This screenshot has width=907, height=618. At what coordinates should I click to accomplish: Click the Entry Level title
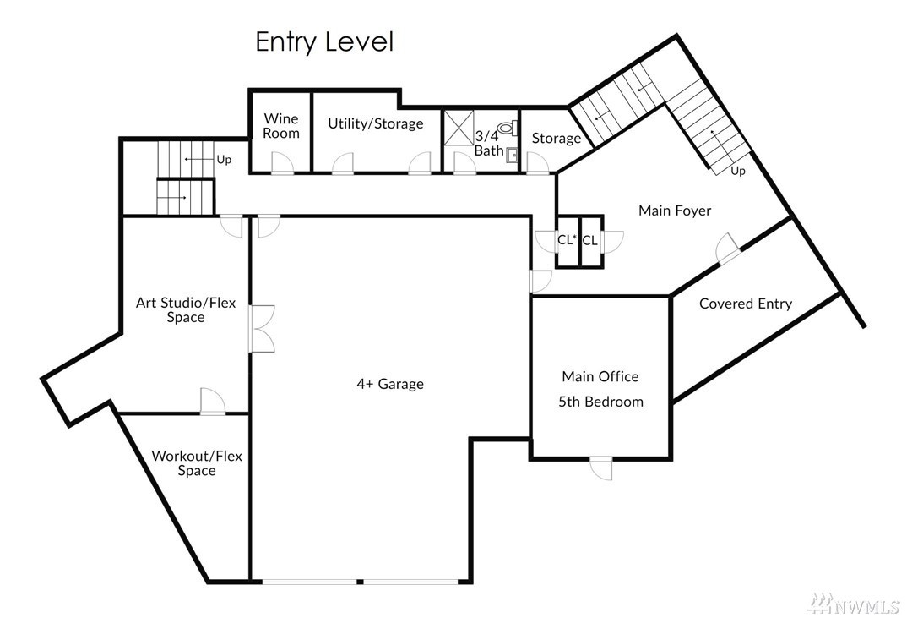coord(324,42)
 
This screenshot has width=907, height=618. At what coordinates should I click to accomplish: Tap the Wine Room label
coord(281,126)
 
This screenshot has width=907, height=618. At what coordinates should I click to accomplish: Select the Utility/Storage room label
coord(376,123)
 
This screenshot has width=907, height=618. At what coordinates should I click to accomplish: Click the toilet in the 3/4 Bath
coord(507,128)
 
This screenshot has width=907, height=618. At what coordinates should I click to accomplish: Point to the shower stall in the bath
coord(459,127)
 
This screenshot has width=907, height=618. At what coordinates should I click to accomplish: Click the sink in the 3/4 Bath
coord(511,156)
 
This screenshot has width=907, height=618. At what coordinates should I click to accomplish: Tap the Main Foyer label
coord(675,211)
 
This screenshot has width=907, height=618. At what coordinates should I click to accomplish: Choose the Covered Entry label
coord(746,304)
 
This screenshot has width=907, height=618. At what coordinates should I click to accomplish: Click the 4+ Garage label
coord(390,384)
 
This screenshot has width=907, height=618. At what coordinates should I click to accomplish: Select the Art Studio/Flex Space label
coord(186,310)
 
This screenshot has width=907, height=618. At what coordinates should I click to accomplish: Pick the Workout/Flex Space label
coord(197,462)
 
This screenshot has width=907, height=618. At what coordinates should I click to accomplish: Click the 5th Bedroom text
coord(600,402)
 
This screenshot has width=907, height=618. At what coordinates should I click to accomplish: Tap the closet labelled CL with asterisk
coord(567,240)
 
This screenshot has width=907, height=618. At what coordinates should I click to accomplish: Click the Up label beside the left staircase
coord(224,159)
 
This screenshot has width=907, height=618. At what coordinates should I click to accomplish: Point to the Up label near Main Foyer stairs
coord(737,171)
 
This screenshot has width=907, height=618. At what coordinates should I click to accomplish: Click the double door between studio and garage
coord(262,329)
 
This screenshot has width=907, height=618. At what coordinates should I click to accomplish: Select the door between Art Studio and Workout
coord(212,402)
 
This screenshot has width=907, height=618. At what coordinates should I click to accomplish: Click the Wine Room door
coord(282,163)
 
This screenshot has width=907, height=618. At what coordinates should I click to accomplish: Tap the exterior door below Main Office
coord(601,468)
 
